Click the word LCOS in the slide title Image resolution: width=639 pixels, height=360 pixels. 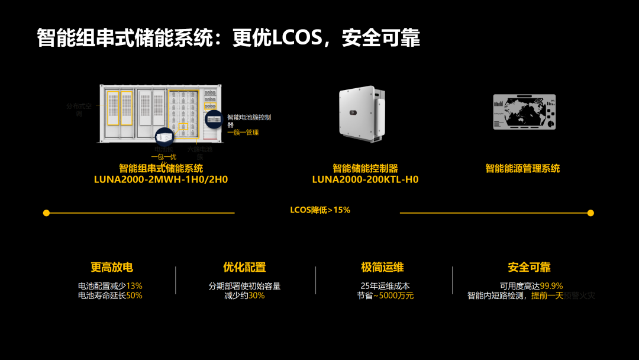coord(296,38)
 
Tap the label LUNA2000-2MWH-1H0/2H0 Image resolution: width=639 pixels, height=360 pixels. coord(161,179)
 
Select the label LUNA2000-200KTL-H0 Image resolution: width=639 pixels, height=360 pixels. coord(365,179)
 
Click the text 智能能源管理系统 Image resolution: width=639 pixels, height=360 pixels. coord(522,169)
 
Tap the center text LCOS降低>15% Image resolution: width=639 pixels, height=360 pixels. coord(320,210)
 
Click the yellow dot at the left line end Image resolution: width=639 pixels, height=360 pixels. coord(46,213)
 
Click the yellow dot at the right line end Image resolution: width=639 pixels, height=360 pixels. coord(590,213)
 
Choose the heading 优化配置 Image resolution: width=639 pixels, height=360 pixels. coord(244,267)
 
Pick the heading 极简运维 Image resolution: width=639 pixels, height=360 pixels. coord(382,267)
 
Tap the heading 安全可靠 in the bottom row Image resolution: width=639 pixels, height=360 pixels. coord(529,267)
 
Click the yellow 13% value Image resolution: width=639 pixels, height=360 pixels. coord(134,286)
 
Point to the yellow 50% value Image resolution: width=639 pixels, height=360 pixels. coord(134,295)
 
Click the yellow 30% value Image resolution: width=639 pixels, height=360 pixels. coord(256,295)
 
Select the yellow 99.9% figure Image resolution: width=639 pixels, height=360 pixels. coord(551,286)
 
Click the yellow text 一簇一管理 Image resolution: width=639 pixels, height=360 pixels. coord(243,133)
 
